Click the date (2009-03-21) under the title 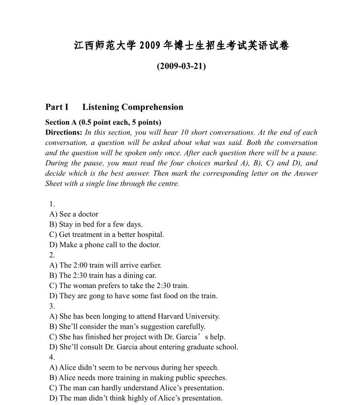[x=181, y=66]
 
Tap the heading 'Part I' [x=57, y=107]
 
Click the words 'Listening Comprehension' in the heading [x=133, y=107]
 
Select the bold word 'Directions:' [x=63, y=132]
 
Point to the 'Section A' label [x=61, y=122]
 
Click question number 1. [x=52, y=203]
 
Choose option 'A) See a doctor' [x=74, y=214]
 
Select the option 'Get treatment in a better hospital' [x=111, y=234]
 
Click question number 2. [x=52, y=255]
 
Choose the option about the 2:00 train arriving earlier [x=105, y=265]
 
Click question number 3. [x=52, y=306]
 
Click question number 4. [x=52, y=357]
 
